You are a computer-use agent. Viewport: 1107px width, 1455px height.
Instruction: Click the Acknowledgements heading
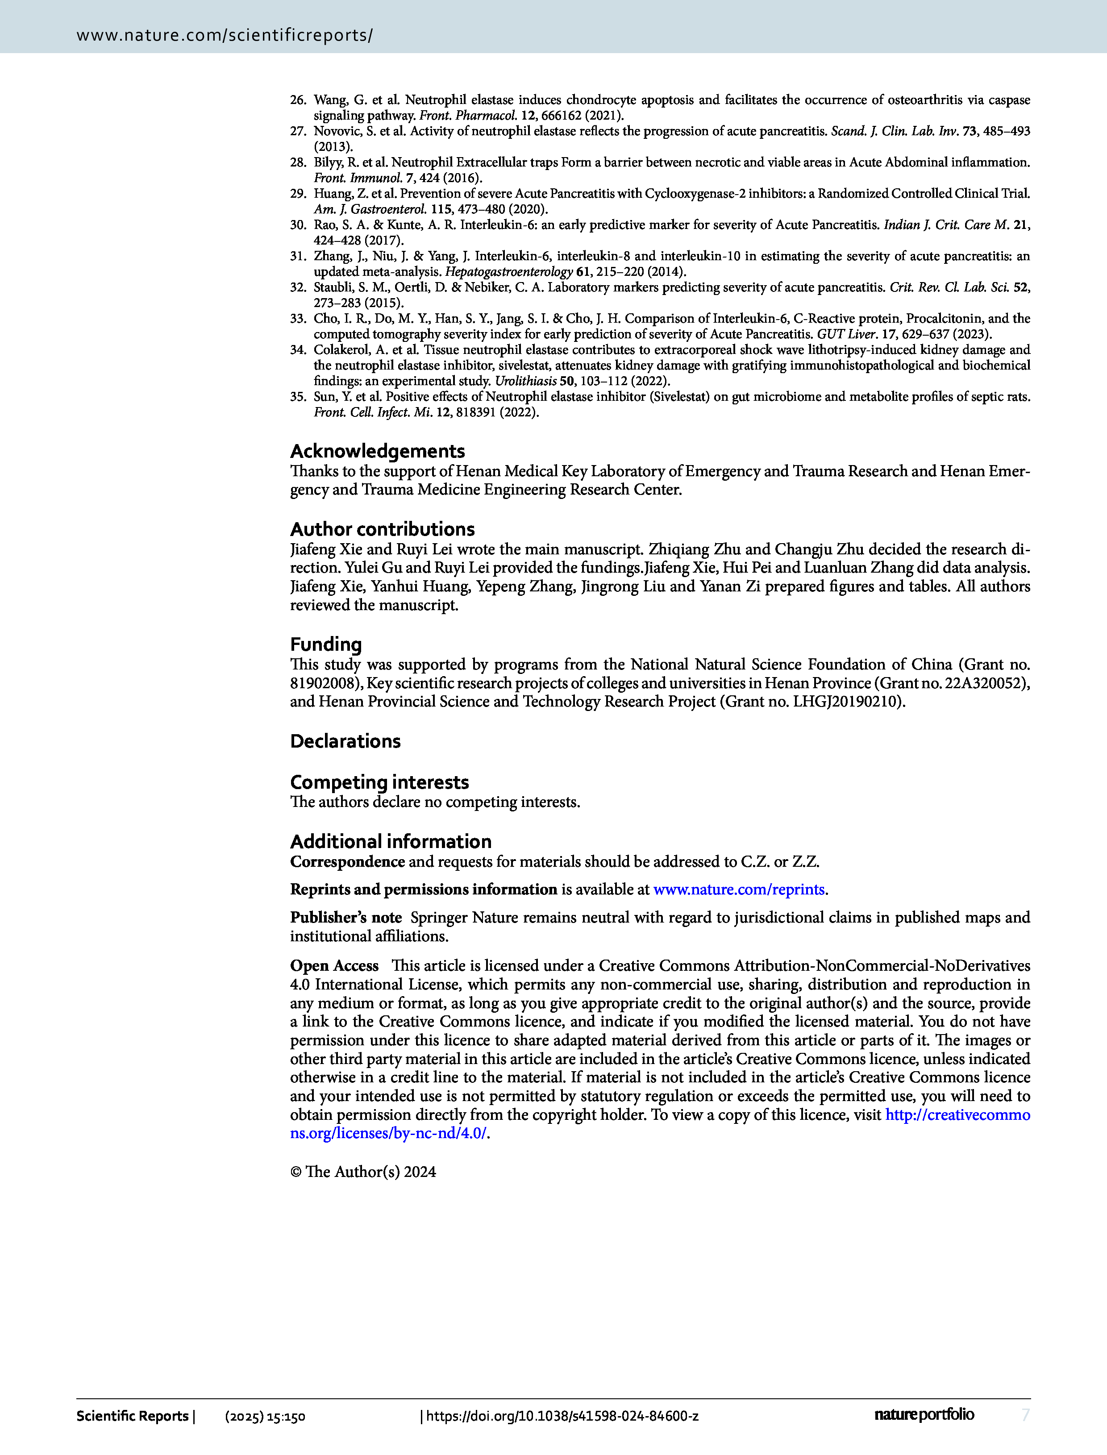pos(378,451)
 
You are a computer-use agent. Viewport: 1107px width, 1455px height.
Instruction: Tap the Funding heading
pos(326,644)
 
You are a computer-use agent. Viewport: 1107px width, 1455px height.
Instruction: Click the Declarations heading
pos(345,741)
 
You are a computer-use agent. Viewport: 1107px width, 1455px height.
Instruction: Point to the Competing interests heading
pos(379,782)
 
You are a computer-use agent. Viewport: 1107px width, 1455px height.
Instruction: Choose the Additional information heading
pos(391,841)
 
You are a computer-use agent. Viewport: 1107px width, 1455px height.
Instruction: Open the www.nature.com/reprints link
pos(739,889)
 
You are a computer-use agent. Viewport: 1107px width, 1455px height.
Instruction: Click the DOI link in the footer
pos(562,1415)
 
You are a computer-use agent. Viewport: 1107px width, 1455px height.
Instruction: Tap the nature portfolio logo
pos(924,1414)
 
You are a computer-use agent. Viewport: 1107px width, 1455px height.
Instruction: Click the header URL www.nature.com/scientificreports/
pos(225,35)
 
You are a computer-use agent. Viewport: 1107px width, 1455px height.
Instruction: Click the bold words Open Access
pos(334,965)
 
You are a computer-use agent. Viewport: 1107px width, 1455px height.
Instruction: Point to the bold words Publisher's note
pos(346,918)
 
